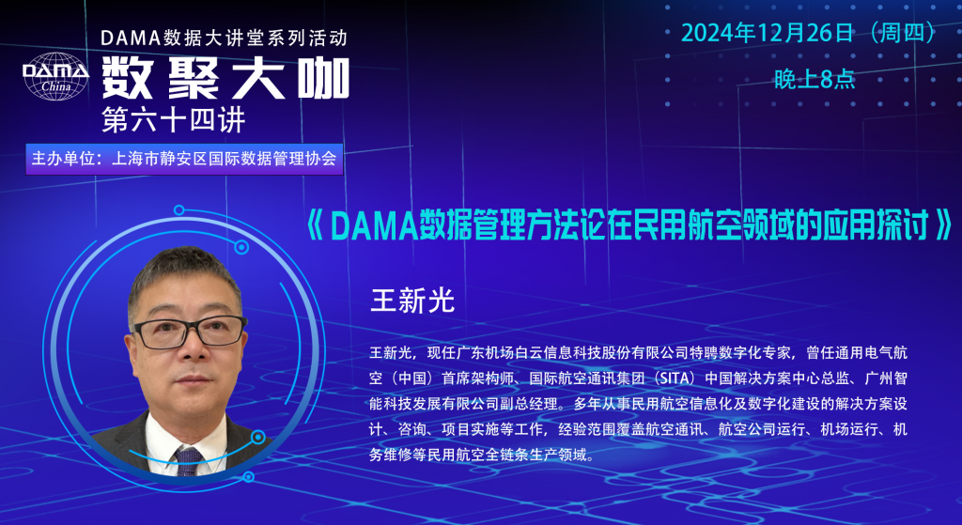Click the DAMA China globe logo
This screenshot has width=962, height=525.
[55, 76]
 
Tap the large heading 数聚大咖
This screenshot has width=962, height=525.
[225, 79]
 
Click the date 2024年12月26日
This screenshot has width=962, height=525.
[767, 33]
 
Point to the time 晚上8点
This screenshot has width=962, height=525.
[815, 79]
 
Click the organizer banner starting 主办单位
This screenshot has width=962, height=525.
[184, 159]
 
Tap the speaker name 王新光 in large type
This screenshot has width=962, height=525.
[412, 300]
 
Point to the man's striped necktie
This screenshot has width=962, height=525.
[188, 461]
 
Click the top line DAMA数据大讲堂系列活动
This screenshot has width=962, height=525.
[225, 38]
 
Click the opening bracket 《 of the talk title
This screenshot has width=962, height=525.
[314, 225]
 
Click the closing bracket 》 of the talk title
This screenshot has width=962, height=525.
[943, 225]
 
